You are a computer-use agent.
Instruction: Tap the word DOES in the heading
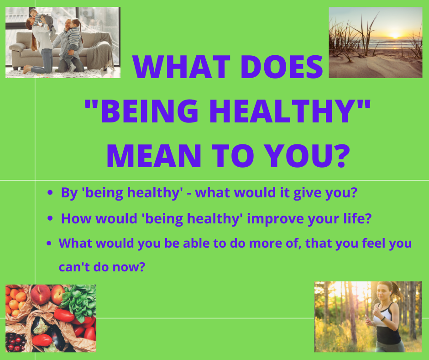tap(282, 67)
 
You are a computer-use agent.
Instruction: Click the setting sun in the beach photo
tap(395, 36)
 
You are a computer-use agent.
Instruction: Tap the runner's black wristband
tap(383, 318)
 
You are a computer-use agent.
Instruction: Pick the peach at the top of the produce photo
tap(40, 295)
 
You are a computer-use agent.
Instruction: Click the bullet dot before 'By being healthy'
tap(50, 193)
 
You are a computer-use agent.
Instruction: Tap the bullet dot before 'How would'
tap(50, 218)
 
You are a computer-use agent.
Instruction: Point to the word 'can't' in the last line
tap(74, 267)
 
